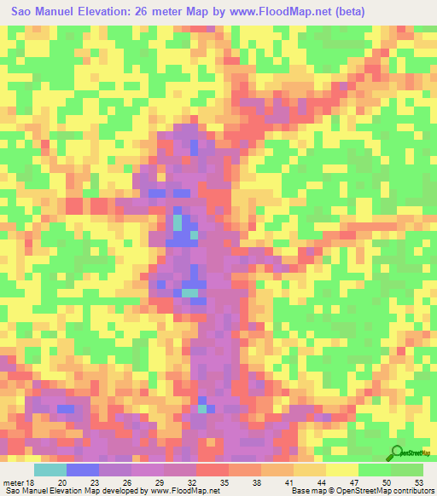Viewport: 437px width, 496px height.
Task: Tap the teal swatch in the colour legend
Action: (50, 470)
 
